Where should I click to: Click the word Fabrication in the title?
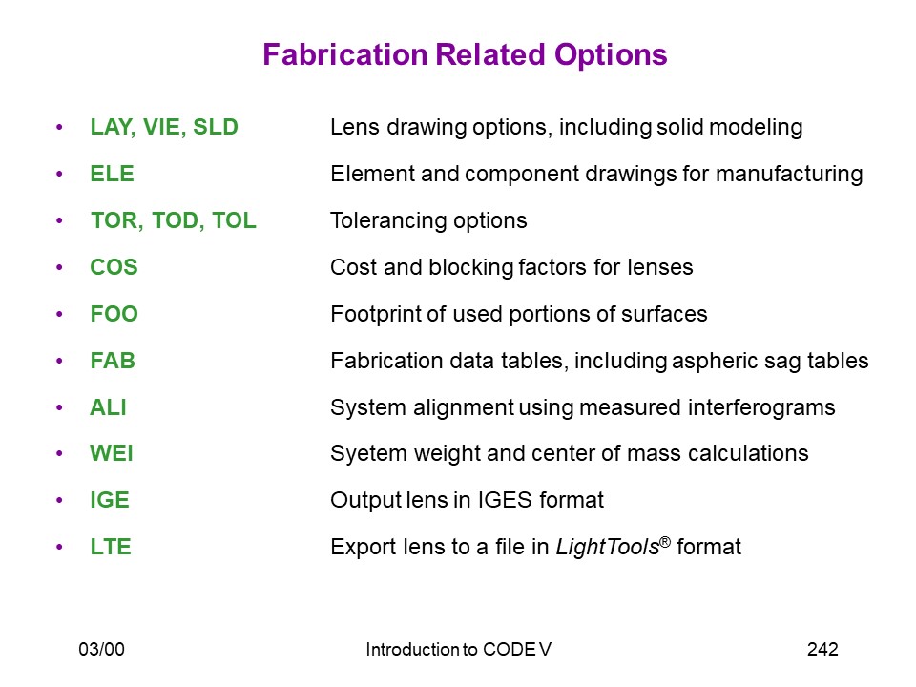pos(345,55)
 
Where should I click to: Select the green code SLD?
pos(216,127)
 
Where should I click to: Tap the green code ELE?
pos(113,174)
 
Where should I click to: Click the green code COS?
pos(114,267)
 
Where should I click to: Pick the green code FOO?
pos(114,314)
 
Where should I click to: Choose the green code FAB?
pos(113,361)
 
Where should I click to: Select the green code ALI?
pos(108,407)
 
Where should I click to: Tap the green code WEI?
pos(112,453)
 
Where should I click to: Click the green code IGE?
pos(110,500)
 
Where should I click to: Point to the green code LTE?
pos(111,547)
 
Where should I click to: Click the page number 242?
pos(822,649)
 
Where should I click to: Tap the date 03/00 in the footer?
pos(102,649)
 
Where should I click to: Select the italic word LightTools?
pos(608,548)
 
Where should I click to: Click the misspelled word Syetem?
pos(368,454)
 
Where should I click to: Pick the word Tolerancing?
pos(389,220)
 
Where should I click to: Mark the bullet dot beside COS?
pos(59,267)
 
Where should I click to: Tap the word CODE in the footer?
pos(509,649)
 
